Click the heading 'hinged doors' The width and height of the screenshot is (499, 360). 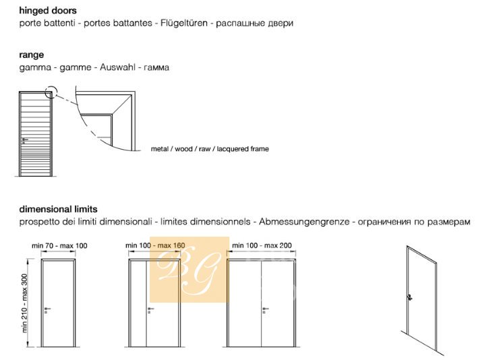tap(48, 11)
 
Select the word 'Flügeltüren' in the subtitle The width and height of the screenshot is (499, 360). tap(184, 23)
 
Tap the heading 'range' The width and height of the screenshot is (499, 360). tap(32, 55)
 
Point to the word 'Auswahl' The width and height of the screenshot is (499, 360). tap(117, 67)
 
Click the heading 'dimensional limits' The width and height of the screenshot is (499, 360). tap(58, 209)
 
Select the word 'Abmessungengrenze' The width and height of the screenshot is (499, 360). tap(304, 222)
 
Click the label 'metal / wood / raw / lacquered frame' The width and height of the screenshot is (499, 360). tap(210, 149)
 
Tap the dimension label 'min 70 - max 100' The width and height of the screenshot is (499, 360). tap(59, 245)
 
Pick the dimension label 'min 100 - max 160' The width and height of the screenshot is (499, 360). tap(155, 245)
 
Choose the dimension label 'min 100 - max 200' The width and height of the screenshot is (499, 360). tap(262, 245)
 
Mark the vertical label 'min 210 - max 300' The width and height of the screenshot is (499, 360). tap(25, 303)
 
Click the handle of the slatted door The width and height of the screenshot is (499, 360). tap(24, 140)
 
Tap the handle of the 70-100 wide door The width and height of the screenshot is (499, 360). tap(47, 309)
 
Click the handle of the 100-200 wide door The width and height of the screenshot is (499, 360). tap(266, 309)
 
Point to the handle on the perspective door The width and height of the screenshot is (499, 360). tap(410, 298)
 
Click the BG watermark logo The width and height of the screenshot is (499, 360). tap(189, 270)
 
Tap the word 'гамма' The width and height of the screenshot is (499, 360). tap(156, 67)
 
